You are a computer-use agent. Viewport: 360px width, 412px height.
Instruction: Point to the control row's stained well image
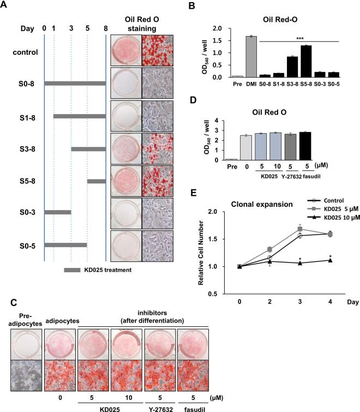(x=125, y=53)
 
